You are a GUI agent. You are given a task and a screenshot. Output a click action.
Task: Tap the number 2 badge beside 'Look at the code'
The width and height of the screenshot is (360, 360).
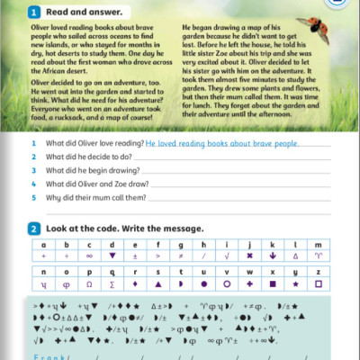click(x=33, y=229)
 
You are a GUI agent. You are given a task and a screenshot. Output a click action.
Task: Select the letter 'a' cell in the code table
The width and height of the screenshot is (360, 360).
click(x=42, y=245)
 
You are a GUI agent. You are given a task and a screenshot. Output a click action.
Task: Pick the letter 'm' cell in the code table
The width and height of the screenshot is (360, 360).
click(x=318, y=245)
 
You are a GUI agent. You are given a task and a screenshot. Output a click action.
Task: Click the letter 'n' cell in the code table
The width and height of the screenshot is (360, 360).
click(x=42, y=272)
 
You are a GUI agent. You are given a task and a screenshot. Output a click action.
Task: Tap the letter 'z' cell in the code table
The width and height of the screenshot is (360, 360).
click(x=318, y=272)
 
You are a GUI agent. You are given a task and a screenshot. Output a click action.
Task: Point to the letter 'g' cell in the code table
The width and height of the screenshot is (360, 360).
click(x=180, y=245)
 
